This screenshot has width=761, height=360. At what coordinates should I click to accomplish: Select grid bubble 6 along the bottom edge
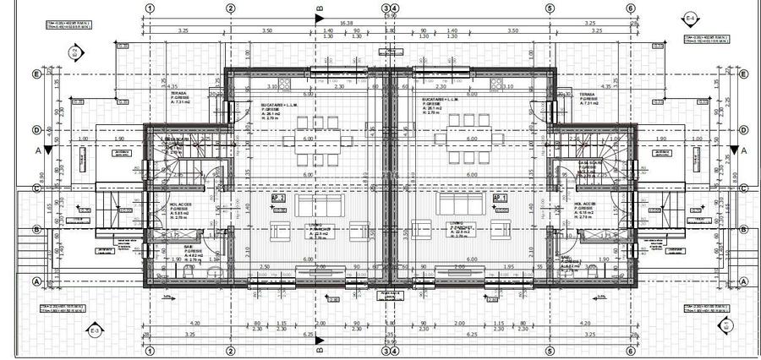pos(631,351)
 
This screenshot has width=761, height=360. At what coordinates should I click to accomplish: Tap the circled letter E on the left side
pos(36,74)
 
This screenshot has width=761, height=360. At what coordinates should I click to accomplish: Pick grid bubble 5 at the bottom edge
pos(550,351)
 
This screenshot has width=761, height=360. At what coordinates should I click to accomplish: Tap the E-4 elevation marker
pos(690,18)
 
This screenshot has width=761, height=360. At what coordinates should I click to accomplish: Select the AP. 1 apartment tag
pos(499,199)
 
